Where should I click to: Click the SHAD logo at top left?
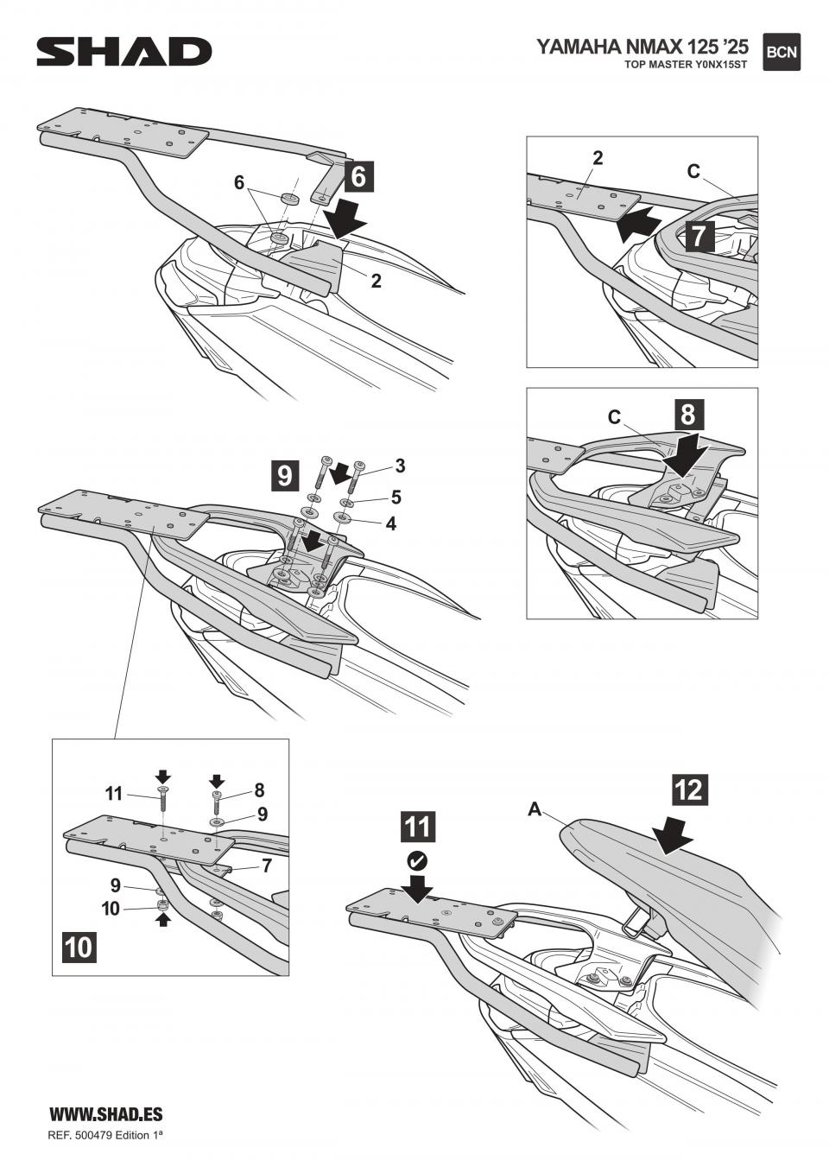123,52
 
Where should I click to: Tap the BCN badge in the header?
782,52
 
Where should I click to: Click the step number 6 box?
359,176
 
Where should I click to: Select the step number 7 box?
699,235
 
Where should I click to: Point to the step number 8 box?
687,414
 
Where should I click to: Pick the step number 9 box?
285,475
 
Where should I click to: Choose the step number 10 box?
78,947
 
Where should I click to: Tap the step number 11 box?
416,827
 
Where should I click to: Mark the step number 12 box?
689,789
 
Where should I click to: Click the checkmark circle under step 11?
416,860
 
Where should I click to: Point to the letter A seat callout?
535,809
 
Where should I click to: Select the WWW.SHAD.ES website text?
105,1115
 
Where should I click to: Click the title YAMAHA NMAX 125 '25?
642,47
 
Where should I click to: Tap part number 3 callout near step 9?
400,466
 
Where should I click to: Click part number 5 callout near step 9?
396,497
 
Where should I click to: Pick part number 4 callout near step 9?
391,523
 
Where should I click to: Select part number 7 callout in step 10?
267,865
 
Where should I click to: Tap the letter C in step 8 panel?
614,417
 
